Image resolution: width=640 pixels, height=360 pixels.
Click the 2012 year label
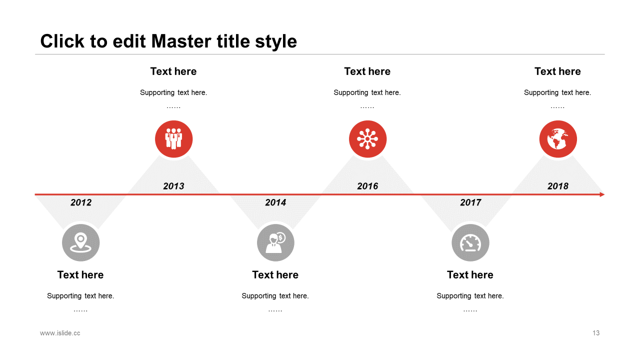(x=81, y=202)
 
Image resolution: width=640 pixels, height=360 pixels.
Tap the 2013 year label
(x=173, y=186)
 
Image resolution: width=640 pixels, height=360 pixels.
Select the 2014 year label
(x=275, y=202)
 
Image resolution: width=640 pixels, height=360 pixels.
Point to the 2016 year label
(x=367, y=186)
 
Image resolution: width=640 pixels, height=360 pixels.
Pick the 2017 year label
(x=470, y=202)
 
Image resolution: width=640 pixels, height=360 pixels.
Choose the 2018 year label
(x=558, y=186)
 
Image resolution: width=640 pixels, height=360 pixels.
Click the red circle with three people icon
(x=173, y=139)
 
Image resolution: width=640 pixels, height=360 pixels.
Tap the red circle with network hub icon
(x=367, y=139)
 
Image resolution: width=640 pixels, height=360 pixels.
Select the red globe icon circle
(x=558, y=139)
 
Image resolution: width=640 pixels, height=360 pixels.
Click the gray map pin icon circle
(x=81, y=242)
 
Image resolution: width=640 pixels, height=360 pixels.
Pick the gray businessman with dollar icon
(x=275, y=242)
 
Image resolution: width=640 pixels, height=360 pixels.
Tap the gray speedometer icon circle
(x=470, y=242)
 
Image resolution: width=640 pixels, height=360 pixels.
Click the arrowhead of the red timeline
(x=602, y=194)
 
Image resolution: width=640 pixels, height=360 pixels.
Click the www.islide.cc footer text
(x=60, y=333)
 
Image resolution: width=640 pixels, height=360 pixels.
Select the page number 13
(x=596, y=333)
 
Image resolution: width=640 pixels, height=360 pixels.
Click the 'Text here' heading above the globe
(x=557, y=71)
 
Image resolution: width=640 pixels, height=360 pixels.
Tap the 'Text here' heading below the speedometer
(x=470, y=275)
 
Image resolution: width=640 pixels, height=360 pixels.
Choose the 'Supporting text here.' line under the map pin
(x=80, y=296)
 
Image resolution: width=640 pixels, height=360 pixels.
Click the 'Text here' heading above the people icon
(x=173, y=71)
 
